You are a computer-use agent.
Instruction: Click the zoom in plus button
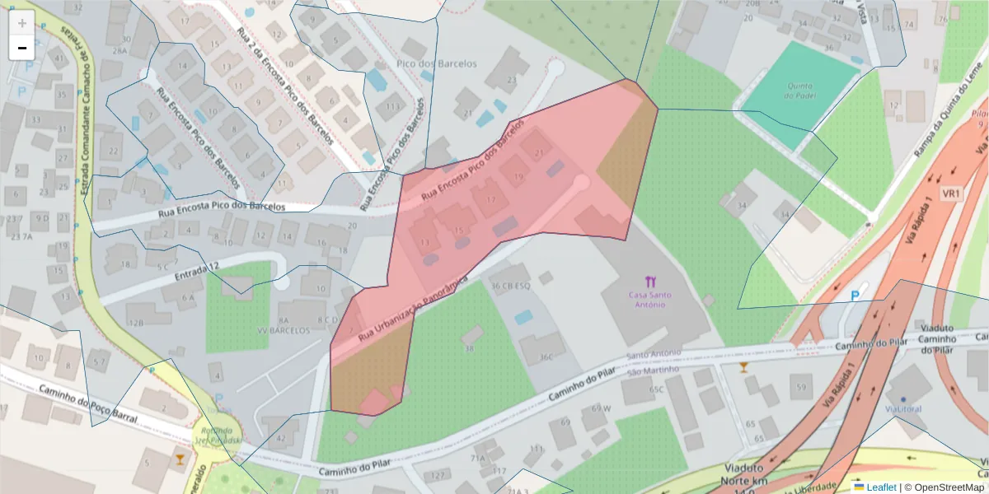(22, 23)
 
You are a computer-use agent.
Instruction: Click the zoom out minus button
(22, 48)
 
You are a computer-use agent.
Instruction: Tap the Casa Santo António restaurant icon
(651, 282)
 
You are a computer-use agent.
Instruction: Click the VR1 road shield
(953, 193)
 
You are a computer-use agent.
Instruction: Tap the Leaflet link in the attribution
(881, 487)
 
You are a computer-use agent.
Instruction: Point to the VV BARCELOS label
(284, 330)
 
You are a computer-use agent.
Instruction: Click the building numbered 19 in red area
(518, 176)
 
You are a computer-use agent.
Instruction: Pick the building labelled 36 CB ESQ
(510, 287)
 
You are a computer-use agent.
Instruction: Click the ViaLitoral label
(904, 408)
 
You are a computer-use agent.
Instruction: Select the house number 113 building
(393, 107)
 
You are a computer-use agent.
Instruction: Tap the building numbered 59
(801, 386)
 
